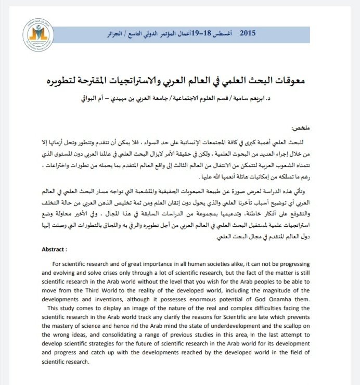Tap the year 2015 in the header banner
click(248, 33)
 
